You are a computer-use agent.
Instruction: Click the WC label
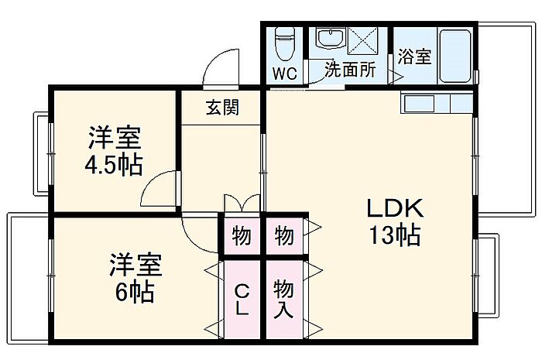(x=284, y=74)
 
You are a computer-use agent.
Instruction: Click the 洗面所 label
(x=349, y=69)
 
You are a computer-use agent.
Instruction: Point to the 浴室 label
(x=415, y=57)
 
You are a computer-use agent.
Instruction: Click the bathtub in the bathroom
(x=455, y=55)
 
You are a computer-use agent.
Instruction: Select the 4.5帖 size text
(x=114, y=166)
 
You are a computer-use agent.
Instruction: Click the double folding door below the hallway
(x=242, y=203)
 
